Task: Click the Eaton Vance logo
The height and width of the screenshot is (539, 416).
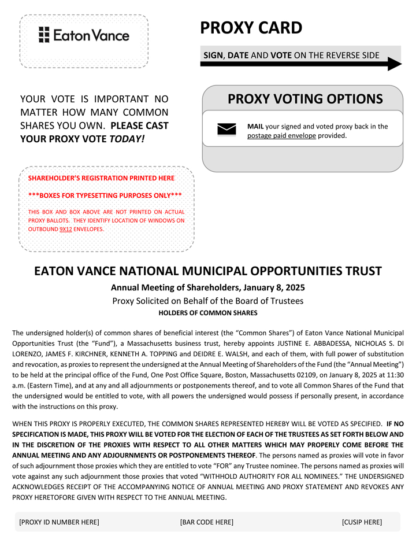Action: tap(84, 35)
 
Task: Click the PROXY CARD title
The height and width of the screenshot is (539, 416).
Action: tap(251, 28)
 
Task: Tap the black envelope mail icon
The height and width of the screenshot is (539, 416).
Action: tap(226, 130)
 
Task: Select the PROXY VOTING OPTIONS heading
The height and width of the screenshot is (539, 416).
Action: tap(305, 99)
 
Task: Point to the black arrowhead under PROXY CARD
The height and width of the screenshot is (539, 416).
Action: tap(395, 64)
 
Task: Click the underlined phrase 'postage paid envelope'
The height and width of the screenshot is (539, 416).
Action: tap(281, 136)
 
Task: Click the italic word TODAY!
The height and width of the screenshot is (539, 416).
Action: tap(127, 139)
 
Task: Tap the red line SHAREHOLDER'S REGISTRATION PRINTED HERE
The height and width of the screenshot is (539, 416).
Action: tap(101, 178)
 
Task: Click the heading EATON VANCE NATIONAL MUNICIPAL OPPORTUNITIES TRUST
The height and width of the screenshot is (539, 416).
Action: tap(208, 271)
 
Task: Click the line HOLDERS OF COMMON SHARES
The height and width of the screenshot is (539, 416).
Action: tap(208, 313)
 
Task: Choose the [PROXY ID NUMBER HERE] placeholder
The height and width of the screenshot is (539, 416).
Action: tap(59, 522)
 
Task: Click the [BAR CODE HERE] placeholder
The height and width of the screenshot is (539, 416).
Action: tap(207, 522)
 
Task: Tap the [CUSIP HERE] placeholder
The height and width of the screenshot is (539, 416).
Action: tap(362, 522)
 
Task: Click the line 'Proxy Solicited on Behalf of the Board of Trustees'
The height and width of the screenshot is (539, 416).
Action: tap(208, 301)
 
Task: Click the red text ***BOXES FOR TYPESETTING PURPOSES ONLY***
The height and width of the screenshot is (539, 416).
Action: tap(105, 195)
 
